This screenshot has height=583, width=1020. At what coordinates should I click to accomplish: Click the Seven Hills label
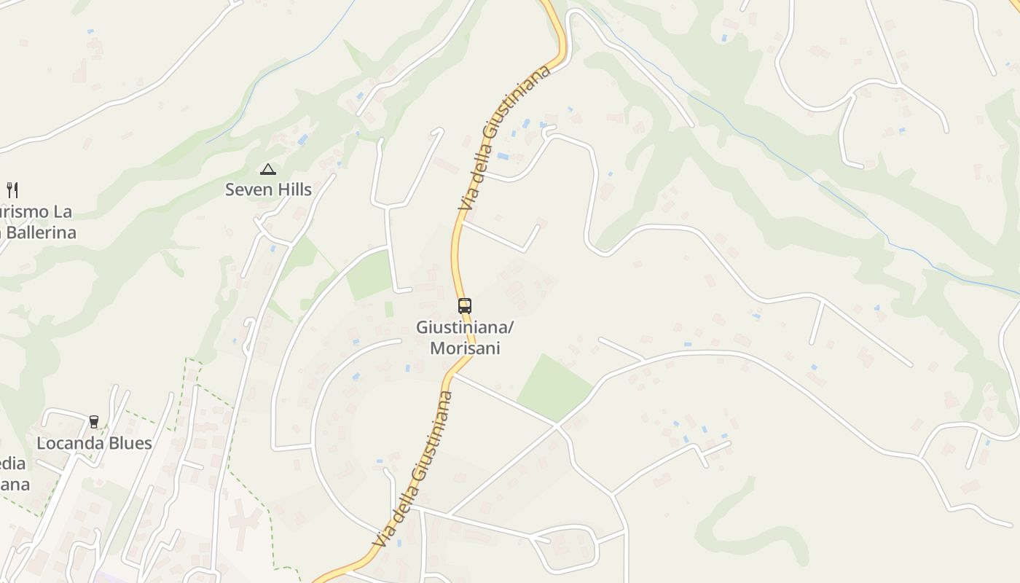pos(268,189)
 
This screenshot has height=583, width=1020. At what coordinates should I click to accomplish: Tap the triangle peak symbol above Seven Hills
pos(268,170)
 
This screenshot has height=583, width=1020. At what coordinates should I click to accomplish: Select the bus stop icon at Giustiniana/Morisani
pos(465,306)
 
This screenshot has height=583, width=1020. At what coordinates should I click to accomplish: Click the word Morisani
pos(465,348)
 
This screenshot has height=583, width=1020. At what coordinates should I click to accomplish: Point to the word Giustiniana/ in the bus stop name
pos(465,328)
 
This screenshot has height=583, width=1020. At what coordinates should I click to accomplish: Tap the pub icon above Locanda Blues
pos(94,422)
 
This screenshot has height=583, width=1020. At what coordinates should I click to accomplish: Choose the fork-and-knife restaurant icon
pos(12,190)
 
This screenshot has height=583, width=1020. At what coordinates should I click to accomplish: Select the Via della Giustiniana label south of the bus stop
pos(413,470)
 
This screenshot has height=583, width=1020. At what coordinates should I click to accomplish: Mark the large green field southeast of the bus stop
pos(554,387)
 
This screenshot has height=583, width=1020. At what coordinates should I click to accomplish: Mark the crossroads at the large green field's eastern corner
pos(557,425)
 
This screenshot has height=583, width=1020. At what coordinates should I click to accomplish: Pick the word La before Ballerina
pos(63,212)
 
